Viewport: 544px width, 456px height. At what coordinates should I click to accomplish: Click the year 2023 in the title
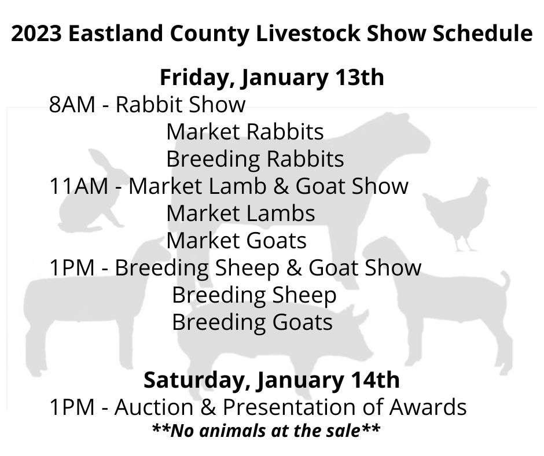pyautogui.click(x=36, y=34)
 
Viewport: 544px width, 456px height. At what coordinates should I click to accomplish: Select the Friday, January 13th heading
pyautogui.click(x=271, y=77)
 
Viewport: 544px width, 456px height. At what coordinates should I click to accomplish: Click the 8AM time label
pyautogui.click(x=72, y=104)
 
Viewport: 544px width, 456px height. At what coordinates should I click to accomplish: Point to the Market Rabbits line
pyautogui.click(x=245, y=132)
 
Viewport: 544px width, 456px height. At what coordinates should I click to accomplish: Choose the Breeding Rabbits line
pyautogui.click(x=255, y=159)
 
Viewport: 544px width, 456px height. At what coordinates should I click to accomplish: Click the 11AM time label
pyautogui.click(x=79, y=186)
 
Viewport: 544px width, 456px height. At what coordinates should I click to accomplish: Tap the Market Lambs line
pyautogui.click(x=241, y=213)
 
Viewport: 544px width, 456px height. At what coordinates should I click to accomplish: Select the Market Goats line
pyautogui.click(x=236, y=240)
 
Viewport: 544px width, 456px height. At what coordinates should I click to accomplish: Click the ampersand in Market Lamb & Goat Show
pyautogui.click(x=281, y=186)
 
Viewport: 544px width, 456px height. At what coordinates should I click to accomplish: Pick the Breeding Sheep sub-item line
pyautogui.click(x=254, y=295)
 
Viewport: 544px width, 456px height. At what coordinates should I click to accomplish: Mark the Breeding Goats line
pyautogui.click(x=252, y=322)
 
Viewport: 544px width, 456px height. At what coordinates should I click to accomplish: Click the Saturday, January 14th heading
pyautogui.click(x=271, y=380)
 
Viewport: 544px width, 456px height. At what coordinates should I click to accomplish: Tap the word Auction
pyautogui.click(x=154, y=407)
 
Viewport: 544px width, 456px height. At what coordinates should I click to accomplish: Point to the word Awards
pyautogui.click(x=428, y=407)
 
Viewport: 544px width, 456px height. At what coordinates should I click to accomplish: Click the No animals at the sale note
pyautogui.click(x=266, y=431)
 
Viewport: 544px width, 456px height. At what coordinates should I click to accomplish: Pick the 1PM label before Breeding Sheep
pyautogui.click(x=72, y=267)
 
